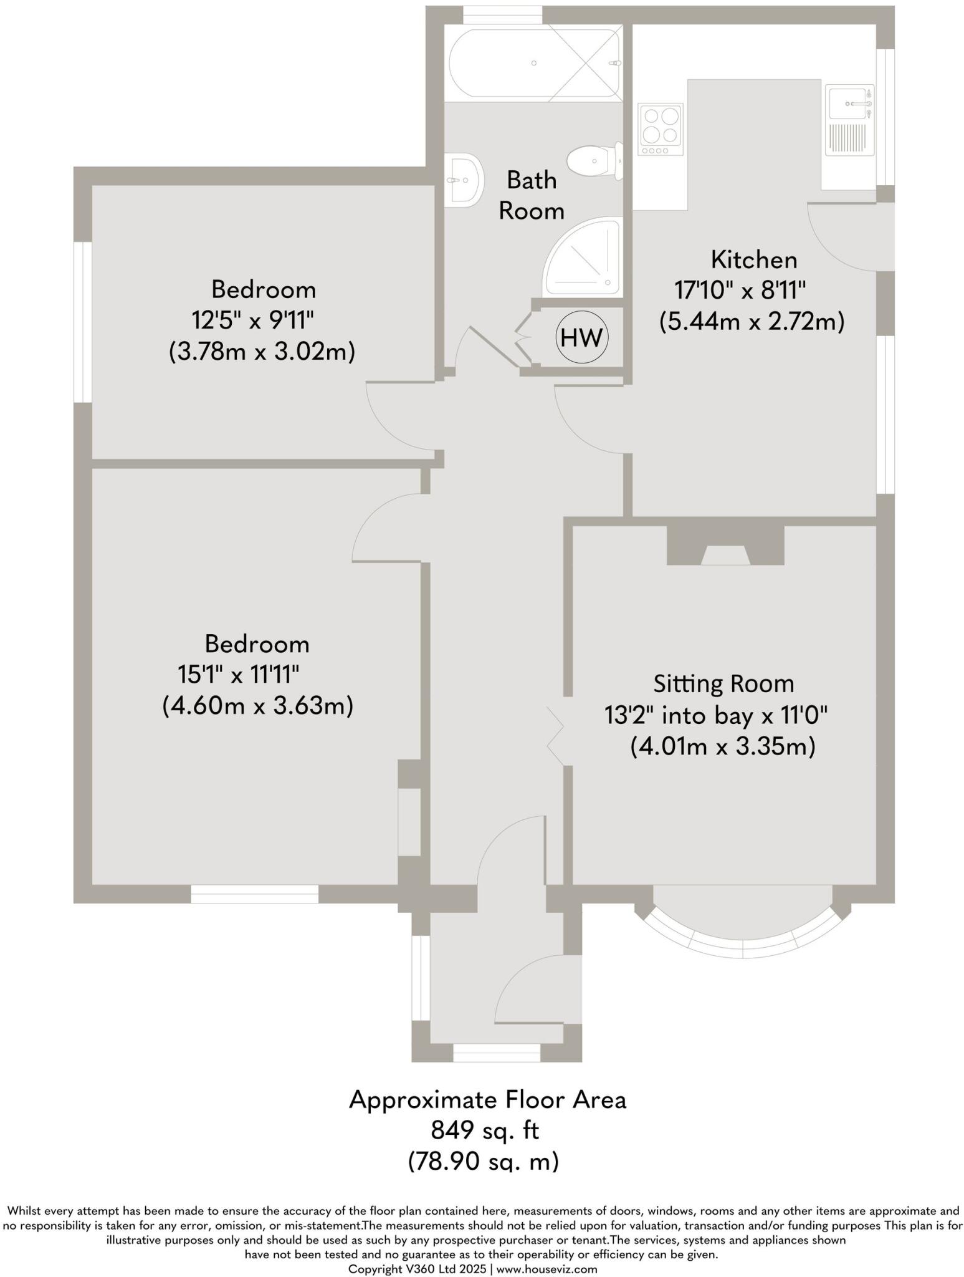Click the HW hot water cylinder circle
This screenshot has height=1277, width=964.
(x=581, y=338)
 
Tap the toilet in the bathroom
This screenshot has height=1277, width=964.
(x=595, y=160)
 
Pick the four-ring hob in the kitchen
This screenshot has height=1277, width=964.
(x=661, y=129)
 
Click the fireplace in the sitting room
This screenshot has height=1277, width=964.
(x=725, y=546)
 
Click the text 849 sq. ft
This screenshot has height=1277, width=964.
(x=485, y=1130)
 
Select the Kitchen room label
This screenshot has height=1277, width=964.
(x=754, y=259)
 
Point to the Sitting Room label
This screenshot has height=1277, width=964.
(x=723, y=683)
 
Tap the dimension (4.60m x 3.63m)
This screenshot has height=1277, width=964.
(x=258, y=706)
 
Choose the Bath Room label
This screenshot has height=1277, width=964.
(x=532, y=195)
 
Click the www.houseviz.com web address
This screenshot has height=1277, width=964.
(x=546, y=1268)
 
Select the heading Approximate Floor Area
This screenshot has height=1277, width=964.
(x=487, y=1099)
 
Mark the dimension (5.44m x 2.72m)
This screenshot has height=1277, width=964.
(x=752, y=322)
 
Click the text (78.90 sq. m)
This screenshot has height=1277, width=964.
(x=484, y=1161)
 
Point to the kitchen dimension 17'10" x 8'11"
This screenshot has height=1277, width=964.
(x=740, y=290)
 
